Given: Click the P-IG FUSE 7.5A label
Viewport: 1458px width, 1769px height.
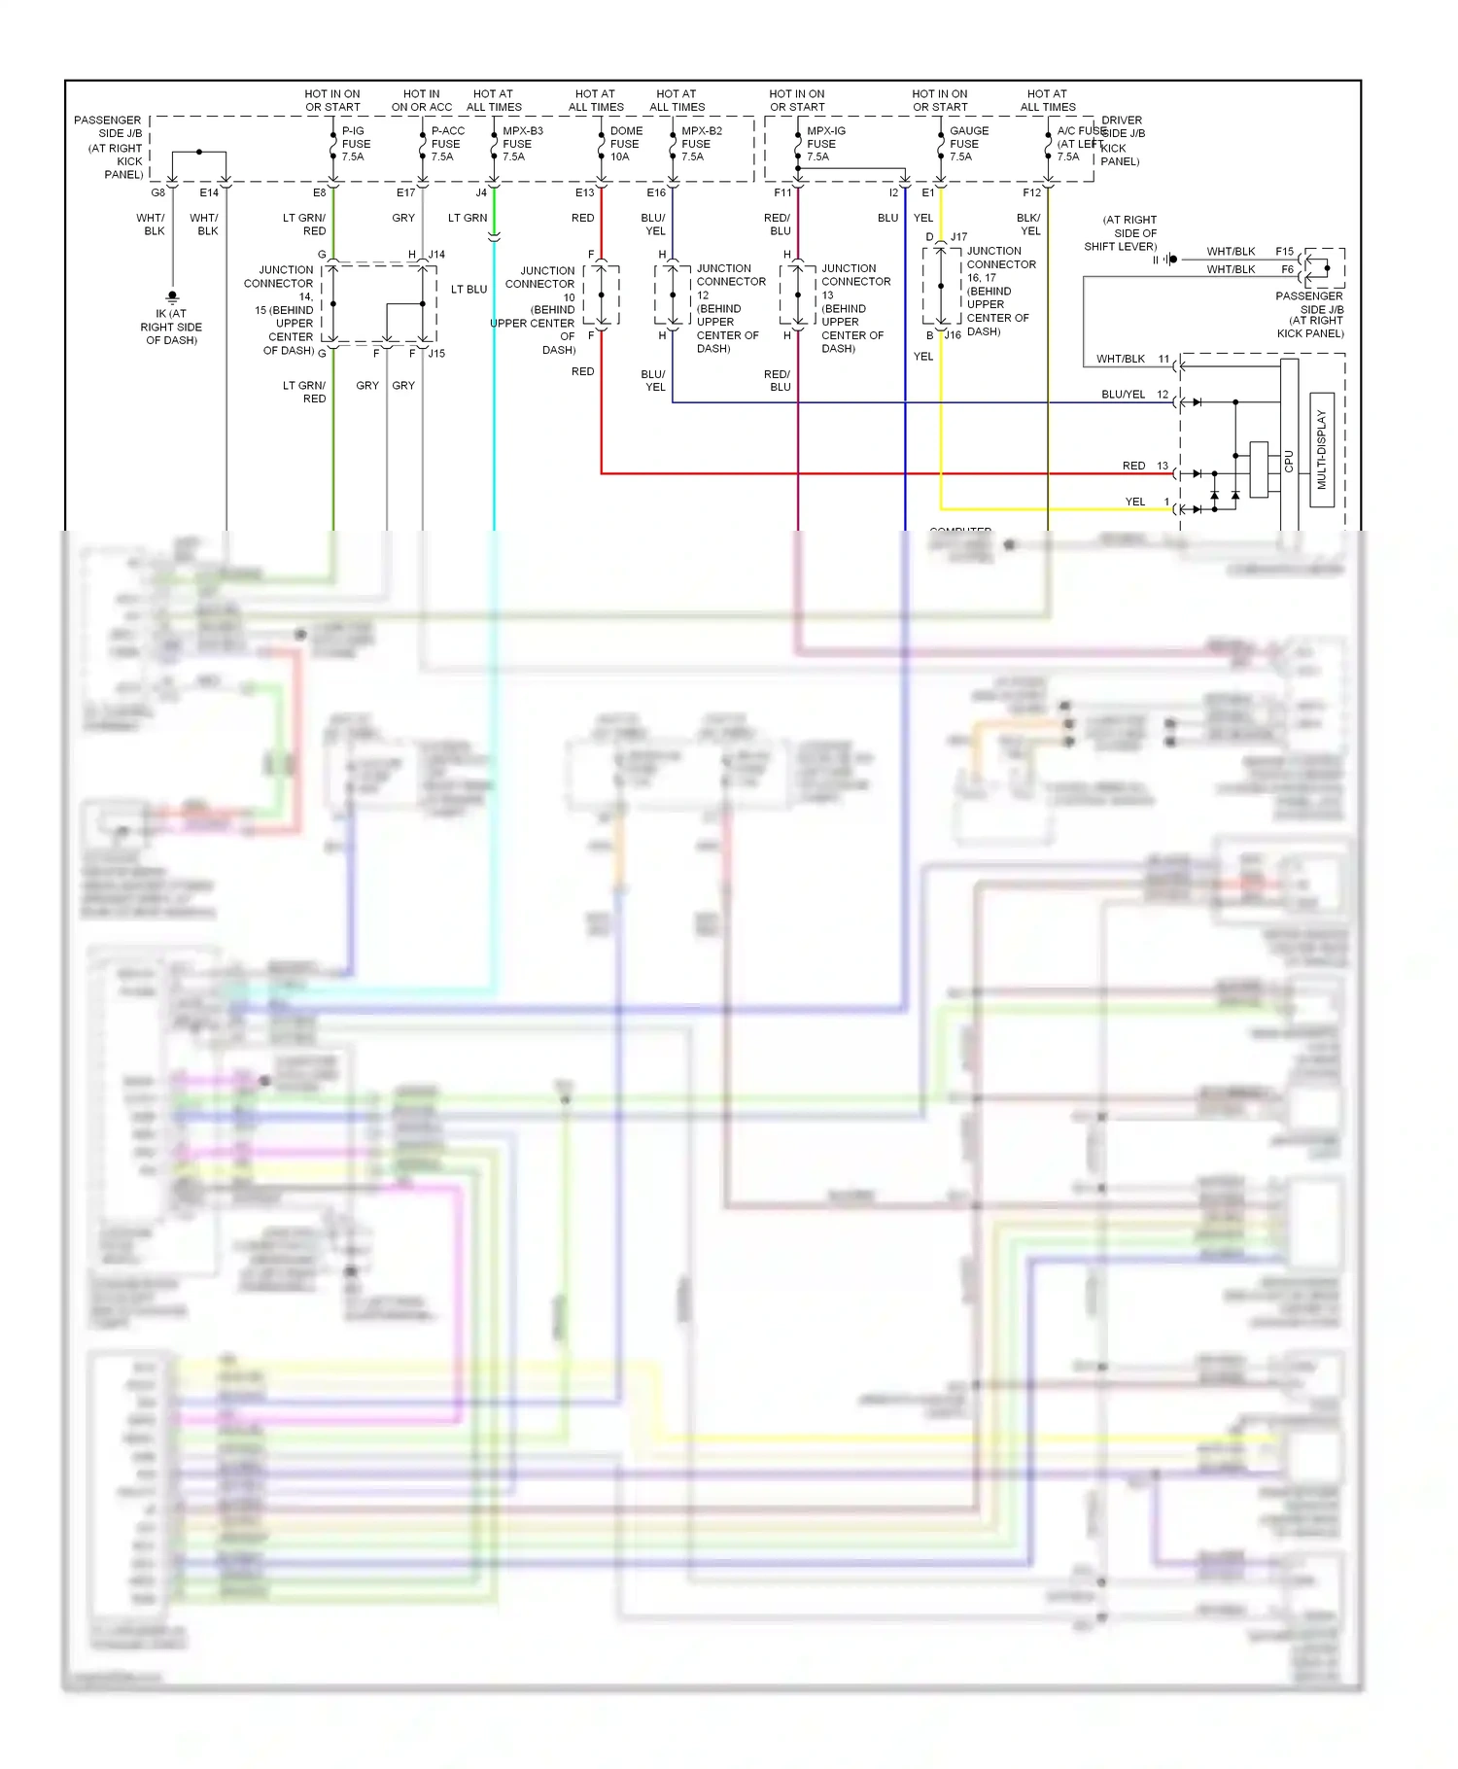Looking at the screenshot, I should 356,144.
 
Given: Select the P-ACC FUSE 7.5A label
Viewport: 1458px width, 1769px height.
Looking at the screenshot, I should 447,144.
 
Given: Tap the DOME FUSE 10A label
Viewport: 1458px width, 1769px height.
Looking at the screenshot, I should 626,144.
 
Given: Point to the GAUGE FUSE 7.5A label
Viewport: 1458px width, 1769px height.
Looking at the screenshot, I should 968,144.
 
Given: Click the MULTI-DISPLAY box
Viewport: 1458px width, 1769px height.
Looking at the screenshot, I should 1321,449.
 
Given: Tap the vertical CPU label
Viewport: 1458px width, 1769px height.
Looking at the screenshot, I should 1289,461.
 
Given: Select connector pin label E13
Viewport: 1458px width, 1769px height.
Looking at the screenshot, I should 584,193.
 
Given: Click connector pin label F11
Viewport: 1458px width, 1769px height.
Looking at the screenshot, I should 782,193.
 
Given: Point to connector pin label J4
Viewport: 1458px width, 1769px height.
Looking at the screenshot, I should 481,193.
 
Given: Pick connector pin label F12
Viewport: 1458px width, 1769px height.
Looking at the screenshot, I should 1031,193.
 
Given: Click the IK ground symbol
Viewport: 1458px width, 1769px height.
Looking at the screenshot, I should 172,296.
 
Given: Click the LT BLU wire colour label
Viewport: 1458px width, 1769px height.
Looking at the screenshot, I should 469,290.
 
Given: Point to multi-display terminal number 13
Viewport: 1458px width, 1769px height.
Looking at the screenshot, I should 1163,467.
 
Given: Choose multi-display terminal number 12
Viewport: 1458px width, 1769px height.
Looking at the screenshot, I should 1163,395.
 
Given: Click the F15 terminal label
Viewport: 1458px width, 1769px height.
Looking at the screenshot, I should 1284,252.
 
